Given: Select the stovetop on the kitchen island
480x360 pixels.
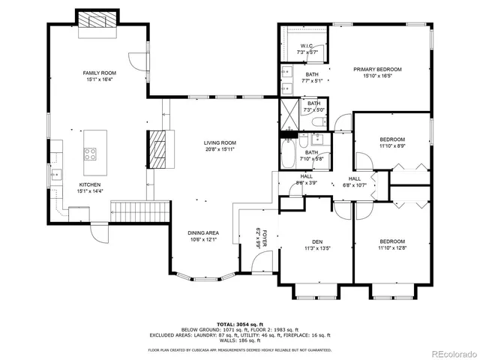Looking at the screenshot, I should [91, 154].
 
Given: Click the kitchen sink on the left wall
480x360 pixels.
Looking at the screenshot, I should [56, 175].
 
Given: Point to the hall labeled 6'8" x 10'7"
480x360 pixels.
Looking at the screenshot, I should [355, 181].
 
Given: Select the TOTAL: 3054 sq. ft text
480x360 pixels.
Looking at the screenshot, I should [239, 322].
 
